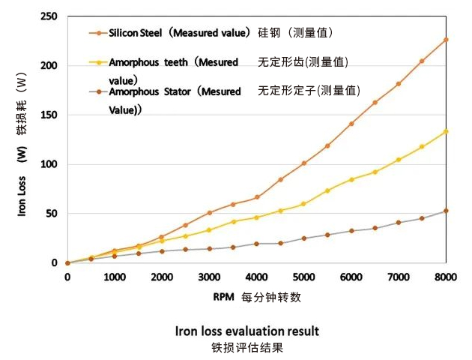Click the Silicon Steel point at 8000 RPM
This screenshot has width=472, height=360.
click(446, 39)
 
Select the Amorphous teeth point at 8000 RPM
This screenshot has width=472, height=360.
click(446, 131)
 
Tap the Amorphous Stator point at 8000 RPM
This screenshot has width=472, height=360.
click(446, 211)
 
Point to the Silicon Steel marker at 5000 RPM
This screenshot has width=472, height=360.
click(303, 163)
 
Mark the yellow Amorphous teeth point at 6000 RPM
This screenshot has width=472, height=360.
click(351, 179)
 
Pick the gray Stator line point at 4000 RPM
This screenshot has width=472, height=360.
click(256, 244)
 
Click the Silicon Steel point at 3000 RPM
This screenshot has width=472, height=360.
click(209, 213)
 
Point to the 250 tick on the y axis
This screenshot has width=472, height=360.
click(49, 16)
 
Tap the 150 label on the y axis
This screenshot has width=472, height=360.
click(49, 115)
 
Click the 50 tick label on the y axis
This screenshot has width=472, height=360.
click(52, 214)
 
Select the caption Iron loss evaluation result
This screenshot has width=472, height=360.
click(247, 331)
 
